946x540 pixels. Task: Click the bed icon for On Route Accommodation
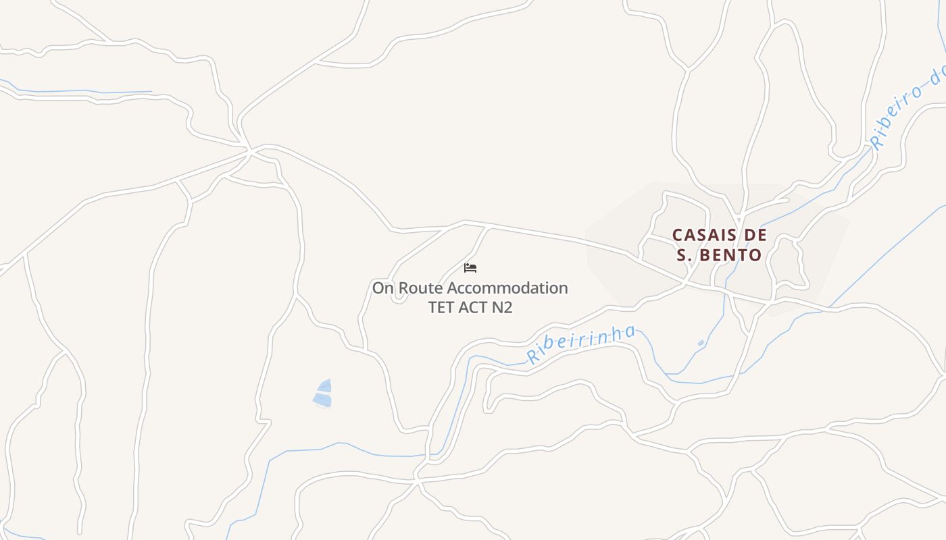coord(471,268)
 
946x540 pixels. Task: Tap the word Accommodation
coord(507,288)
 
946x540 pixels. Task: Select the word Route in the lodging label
coord(420,288)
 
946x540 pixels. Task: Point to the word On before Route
coord(383,288)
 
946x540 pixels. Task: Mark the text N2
coord(502,308)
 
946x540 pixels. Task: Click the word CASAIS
coord(701,235)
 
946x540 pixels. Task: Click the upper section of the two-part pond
coord(325,386)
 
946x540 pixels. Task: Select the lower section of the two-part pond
coord(322,400)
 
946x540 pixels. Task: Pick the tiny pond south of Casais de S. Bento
coord(701,344)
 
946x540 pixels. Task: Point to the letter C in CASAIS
coord(678,235)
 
